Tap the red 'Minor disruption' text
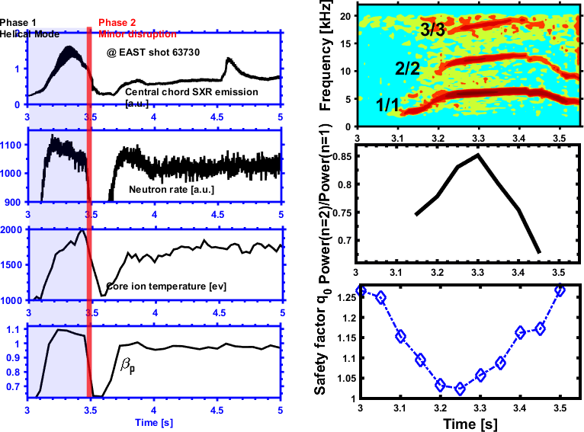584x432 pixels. [x=136, y=34]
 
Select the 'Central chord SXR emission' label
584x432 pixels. [x=191, y=92]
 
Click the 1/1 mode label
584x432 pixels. [x=387, y=105]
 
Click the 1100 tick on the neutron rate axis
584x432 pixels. [x=14, y=143]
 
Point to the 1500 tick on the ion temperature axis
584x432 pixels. [x=14, y=264]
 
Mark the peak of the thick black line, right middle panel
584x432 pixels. [x=477, y=155]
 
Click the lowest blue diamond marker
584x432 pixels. [x=460, y=389]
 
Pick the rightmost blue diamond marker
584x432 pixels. [x=560, y=290]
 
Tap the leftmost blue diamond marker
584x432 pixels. [x=361, y=290]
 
